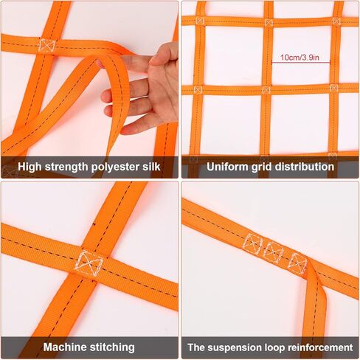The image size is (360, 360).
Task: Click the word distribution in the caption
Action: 302,167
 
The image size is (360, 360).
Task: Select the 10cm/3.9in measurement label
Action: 300,56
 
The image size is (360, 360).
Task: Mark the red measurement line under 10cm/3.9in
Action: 300,63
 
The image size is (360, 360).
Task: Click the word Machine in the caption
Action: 66,347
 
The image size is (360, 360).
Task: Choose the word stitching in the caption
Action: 111,347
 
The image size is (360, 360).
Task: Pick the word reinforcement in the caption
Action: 318,347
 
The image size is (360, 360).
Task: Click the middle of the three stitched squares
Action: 274,252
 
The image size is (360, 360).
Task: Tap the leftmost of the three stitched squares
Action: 253,243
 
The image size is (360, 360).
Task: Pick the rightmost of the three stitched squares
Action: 297,262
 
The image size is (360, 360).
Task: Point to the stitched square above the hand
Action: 47,45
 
